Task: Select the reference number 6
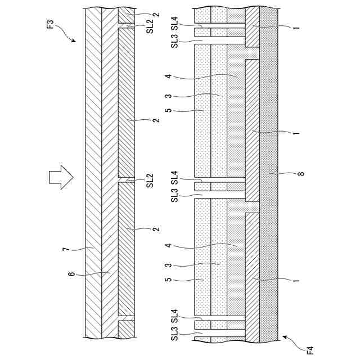click(x=71, y=273)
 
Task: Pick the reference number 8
click(x=301, y=174)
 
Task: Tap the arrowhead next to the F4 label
click(x=285, y=337)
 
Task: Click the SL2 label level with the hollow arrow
click(x=150, y=181)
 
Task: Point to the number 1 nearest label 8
click(x=296, y=133)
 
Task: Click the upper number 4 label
click(x=167, y=76)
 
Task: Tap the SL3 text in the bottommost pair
click(x=174, y=339)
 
